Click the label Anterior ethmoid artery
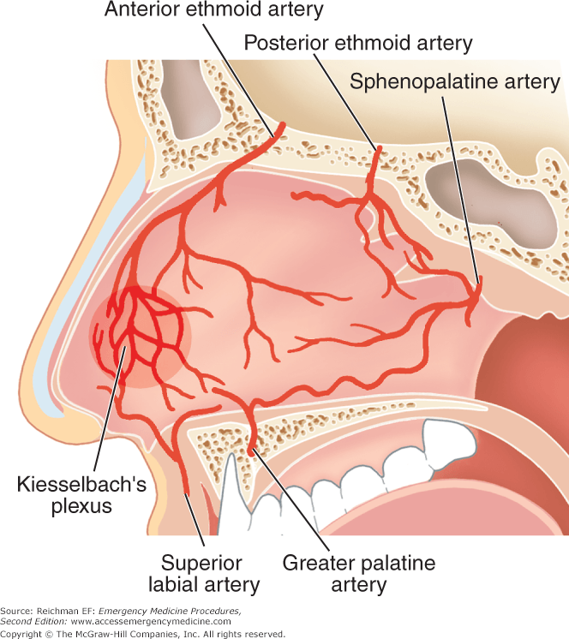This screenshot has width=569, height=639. pos(214,9)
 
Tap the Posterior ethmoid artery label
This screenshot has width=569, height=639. pos(358,42)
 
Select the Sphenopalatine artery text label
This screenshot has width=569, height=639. pos(455,82)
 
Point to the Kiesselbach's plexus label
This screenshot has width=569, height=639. pos(81,495)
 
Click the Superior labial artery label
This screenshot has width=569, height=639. pos(204,574)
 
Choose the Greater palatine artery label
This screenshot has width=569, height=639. pos(359,574)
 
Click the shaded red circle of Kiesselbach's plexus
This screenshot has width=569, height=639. pos(141,337)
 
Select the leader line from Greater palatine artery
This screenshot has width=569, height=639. pos(290,499)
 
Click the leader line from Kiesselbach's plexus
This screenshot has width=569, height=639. pos(109,409)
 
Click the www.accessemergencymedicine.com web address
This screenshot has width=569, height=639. pos(151,622)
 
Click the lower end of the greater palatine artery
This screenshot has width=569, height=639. pos(251,451)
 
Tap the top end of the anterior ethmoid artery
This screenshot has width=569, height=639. pos(282,124)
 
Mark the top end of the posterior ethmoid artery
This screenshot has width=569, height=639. pos(378,148)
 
